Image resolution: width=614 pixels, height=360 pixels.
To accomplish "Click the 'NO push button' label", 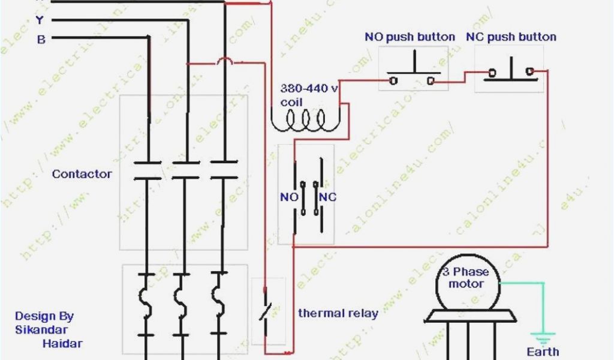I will click(x=410, y=37).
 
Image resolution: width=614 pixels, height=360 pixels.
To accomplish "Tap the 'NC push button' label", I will click(x=511, y=37).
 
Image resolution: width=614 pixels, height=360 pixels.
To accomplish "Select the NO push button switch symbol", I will click(x=413, y=72).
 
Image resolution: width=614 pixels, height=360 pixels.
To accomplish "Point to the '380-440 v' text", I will click(x=309, y=88).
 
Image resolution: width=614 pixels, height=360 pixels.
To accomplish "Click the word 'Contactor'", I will click(x=82, y=174).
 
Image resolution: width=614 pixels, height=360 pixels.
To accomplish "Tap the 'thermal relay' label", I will click(x=338, y=313).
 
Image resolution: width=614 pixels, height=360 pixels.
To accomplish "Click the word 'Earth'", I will click(x=542, y=352).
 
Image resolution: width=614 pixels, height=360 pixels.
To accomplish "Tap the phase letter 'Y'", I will click(x=40, y=20).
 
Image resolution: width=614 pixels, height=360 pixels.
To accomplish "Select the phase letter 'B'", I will click(x=41, y=40).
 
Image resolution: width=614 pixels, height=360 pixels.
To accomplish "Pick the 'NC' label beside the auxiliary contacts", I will click(x=327, y=197).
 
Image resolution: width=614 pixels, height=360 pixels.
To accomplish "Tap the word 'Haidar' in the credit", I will click(x=62, y=343).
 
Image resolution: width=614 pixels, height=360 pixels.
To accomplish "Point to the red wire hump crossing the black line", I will click(x=225, y=61).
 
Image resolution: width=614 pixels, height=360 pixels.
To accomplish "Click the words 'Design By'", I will click(x=44, y=316).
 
